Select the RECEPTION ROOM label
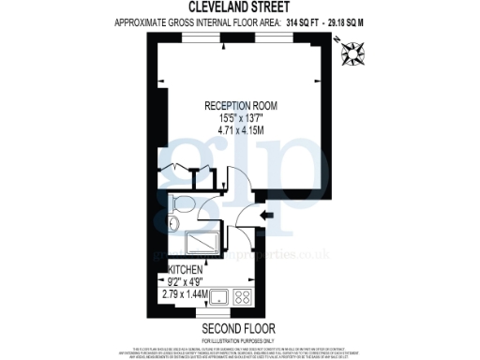point(239,106)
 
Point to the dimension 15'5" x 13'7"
point(239,119)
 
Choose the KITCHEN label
point(186,269)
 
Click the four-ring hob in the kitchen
point(241,299)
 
